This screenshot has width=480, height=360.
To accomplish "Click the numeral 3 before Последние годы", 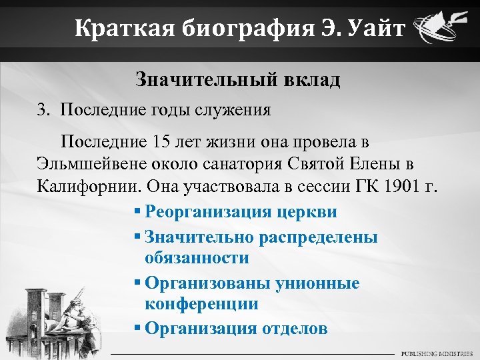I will tap(41, 110).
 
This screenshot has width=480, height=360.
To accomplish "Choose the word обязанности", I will tap(197, 258).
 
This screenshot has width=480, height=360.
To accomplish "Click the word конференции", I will tap(201, 305).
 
